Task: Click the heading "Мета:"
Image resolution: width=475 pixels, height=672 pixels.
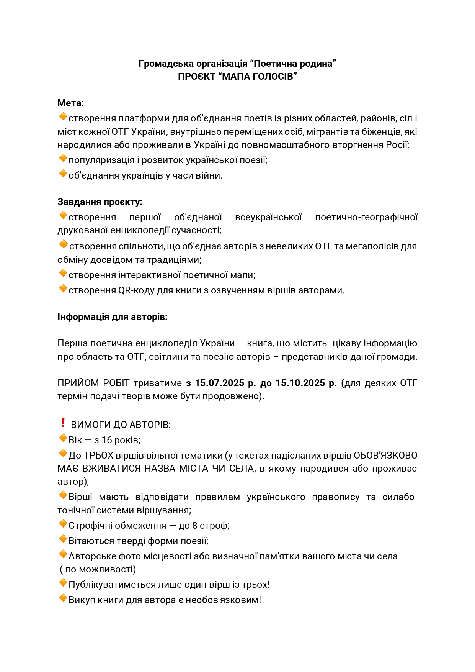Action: click(x=70, y=103)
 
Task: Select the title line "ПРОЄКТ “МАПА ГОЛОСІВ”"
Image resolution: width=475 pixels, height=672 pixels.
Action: click(x=237, y=77)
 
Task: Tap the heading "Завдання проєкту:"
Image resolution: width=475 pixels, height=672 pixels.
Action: click(x=100, y=202)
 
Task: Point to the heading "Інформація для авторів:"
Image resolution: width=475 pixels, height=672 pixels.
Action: click(x=113, y=317)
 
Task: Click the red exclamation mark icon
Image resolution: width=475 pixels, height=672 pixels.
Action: click(x=63, y=423)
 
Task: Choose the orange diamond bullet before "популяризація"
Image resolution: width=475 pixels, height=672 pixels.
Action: click(x=63, y=158)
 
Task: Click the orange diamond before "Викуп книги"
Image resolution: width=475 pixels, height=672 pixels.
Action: click(x=63, y=598)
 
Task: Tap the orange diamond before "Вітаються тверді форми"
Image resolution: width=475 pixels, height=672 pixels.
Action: click(x=63, y=539)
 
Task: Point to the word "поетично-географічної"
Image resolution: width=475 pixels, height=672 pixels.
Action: click(x=366, y=217)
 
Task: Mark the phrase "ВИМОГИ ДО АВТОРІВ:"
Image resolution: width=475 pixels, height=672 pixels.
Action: click(x=121, y=425)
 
